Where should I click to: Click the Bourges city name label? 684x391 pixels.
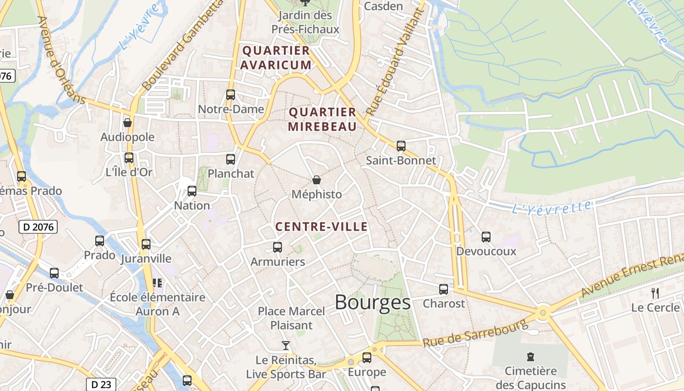pos(372,303)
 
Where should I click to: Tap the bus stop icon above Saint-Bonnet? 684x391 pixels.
pos(401,146)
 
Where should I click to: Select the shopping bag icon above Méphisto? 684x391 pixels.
pos(317,180)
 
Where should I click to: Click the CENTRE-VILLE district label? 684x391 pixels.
pos(321,227)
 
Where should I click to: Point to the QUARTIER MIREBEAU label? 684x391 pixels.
pos(322,119)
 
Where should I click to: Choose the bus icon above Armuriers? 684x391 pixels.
pos(278,247)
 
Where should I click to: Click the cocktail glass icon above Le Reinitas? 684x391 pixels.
pos(286,346)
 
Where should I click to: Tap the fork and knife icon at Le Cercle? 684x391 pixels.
pos(655,293)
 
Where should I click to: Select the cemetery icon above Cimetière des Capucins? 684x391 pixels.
pos(531,357)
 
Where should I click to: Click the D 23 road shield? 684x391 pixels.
pos(101,384)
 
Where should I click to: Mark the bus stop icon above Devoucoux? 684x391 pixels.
pos(486,237)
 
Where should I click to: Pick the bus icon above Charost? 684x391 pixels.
pos(444,289)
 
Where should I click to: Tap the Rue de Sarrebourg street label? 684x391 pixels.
pos(475,332)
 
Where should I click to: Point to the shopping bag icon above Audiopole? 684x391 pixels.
pos(128,122)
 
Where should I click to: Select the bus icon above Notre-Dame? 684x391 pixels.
pos(231,94)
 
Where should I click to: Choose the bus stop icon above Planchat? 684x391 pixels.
pos(231,159)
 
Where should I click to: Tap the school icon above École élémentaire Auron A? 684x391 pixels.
pos(157,282)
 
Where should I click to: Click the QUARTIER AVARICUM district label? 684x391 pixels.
pos(276,58)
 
